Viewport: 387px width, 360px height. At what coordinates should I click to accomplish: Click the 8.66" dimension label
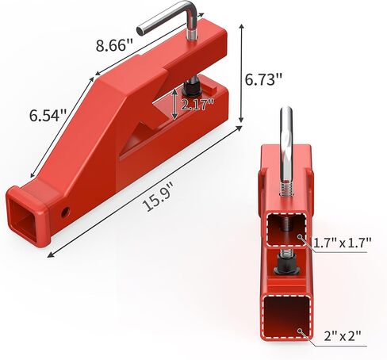[114, 45]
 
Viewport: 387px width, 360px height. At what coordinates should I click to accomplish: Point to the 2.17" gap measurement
[197, 105]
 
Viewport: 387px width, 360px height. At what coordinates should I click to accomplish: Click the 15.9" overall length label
[158, 197]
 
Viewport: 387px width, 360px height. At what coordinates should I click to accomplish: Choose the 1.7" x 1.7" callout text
[343, 243]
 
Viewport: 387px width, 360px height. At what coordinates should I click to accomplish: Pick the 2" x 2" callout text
[343, 336]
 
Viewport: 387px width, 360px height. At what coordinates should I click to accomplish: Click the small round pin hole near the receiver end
[65, 212]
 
